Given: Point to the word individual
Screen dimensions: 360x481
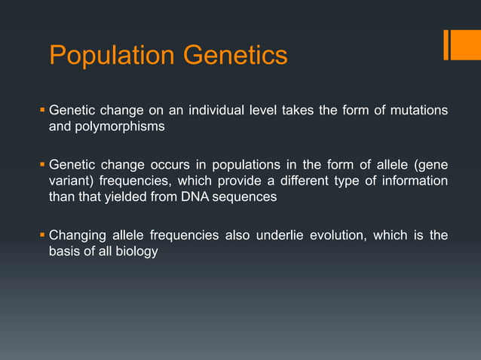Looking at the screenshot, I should point(207,111).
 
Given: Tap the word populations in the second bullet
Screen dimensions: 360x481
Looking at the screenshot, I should point(212,166).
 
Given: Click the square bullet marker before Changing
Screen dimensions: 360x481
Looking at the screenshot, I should point(42,236).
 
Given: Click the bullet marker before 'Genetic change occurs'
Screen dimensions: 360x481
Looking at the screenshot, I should point(42,166).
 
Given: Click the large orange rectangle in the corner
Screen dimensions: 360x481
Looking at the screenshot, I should point(461,44).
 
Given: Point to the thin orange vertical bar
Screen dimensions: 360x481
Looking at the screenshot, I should point(446,44).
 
